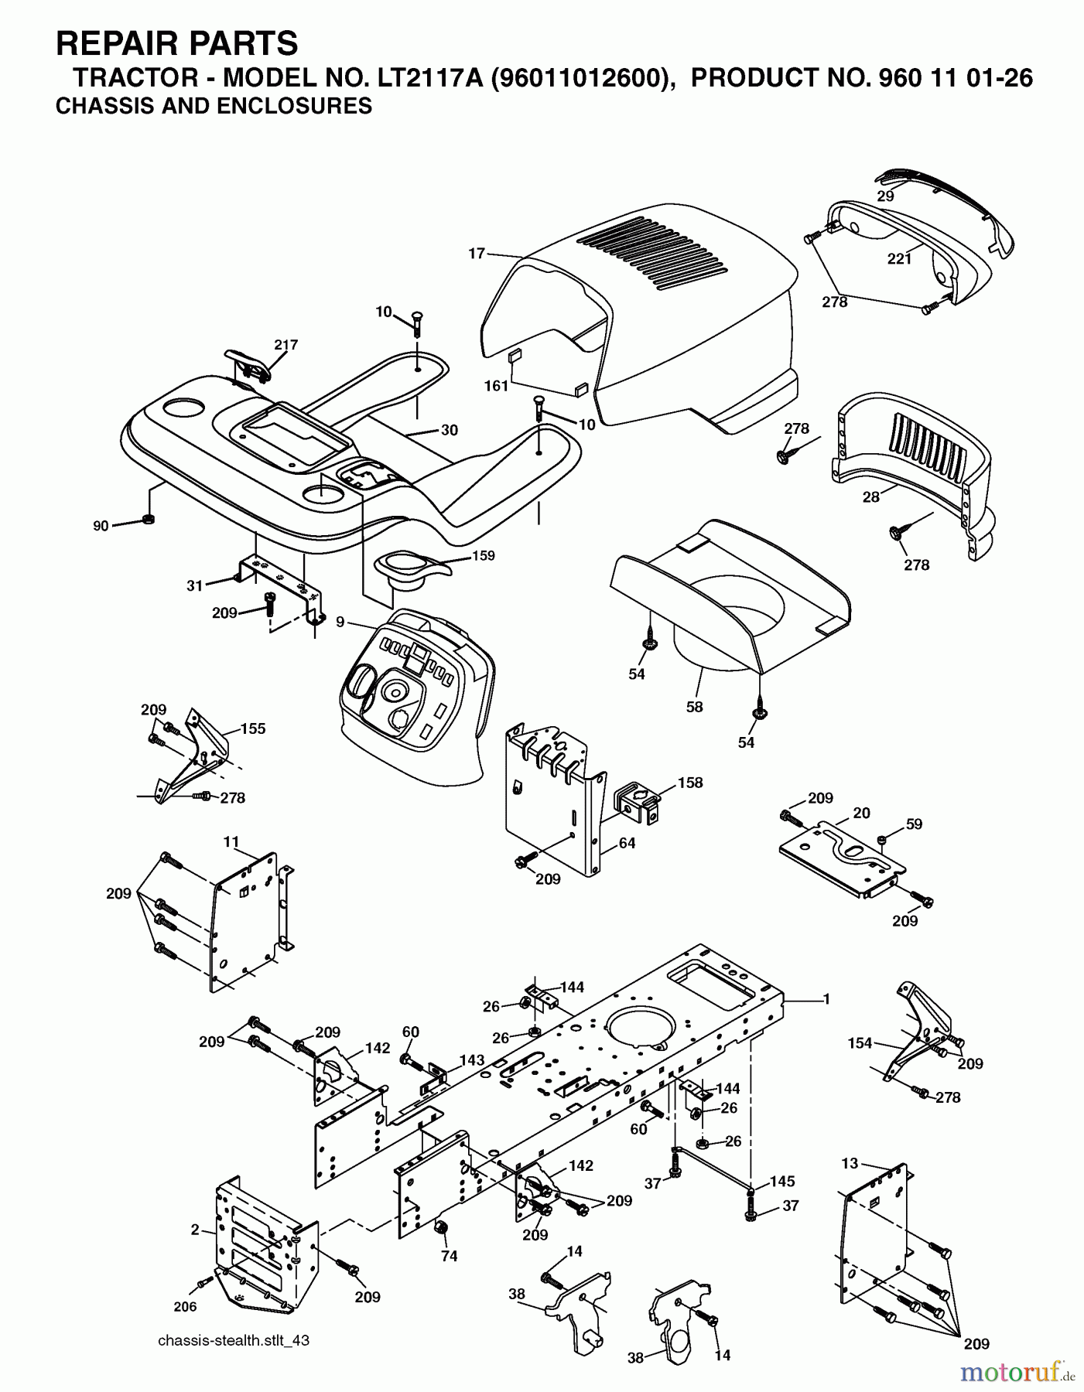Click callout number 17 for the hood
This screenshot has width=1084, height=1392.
(x=476, y=252)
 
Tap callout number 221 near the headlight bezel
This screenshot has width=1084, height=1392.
(x=899, y=259)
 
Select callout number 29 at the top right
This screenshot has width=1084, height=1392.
(x=885, y=196)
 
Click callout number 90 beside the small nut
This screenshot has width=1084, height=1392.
(x=101, y=526)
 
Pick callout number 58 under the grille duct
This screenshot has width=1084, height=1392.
(x=694, y=706)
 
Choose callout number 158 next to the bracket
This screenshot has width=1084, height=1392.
(x=690, y=782)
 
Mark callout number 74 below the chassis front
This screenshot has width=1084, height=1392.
(x=449, y=1257)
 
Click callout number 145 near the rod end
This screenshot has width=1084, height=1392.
(x=782, y=1182)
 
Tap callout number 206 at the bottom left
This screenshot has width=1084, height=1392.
(x=185, y=1306)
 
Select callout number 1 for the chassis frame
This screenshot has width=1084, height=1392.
(x=826, y=999)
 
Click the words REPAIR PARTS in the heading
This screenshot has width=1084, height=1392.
(x=176, y=43)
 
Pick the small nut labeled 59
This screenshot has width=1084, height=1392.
(x=881, y=839)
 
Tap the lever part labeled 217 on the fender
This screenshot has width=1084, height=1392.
(x=249, y=363)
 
